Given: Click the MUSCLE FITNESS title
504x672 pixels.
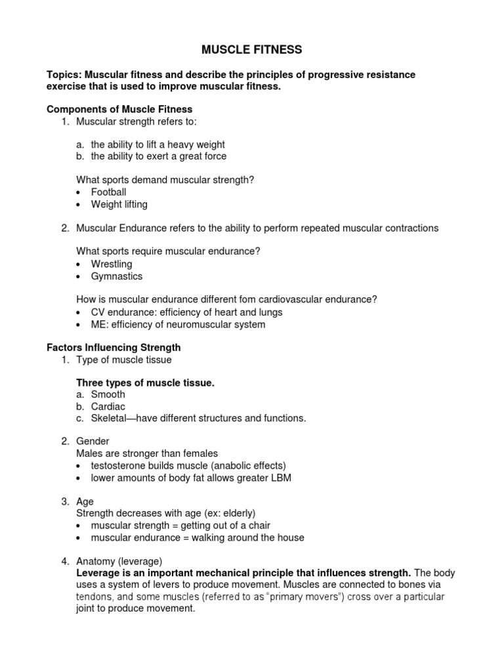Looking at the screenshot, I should point(251,49).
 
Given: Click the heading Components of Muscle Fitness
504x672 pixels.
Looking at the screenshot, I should point(119,109).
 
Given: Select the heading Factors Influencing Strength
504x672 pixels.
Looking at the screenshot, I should point(114,347).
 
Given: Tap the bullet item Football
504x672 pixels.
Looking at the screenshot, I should point(108,192).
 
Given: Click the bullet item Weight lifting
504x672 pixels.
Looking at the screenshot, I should point(119,204).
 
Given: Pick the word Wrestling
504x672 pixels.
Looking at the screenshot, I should point(112,264).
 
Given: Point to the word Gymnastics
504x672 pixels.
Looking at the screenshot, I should point(116,276).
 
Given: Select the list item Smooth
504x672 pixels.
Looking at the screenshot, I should point(108,394).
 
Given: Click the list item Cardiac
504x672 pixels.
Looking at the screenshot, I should point(108,406).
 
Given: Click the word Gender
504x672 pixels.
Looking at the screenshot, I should point(93,442).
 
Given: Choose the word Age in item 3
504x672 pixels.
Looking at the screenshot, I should point(85,501).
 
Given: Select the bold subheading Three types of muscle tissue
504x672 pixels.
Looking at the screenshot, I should point(145,383).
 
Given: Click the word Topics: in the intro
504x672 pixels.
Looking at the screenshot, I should point(64,75).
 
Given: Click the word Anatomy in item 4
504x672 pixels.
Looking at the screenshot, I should point(96,561).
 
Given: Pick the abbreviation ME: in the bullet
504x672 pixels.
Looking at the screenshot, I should point(99,324).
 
